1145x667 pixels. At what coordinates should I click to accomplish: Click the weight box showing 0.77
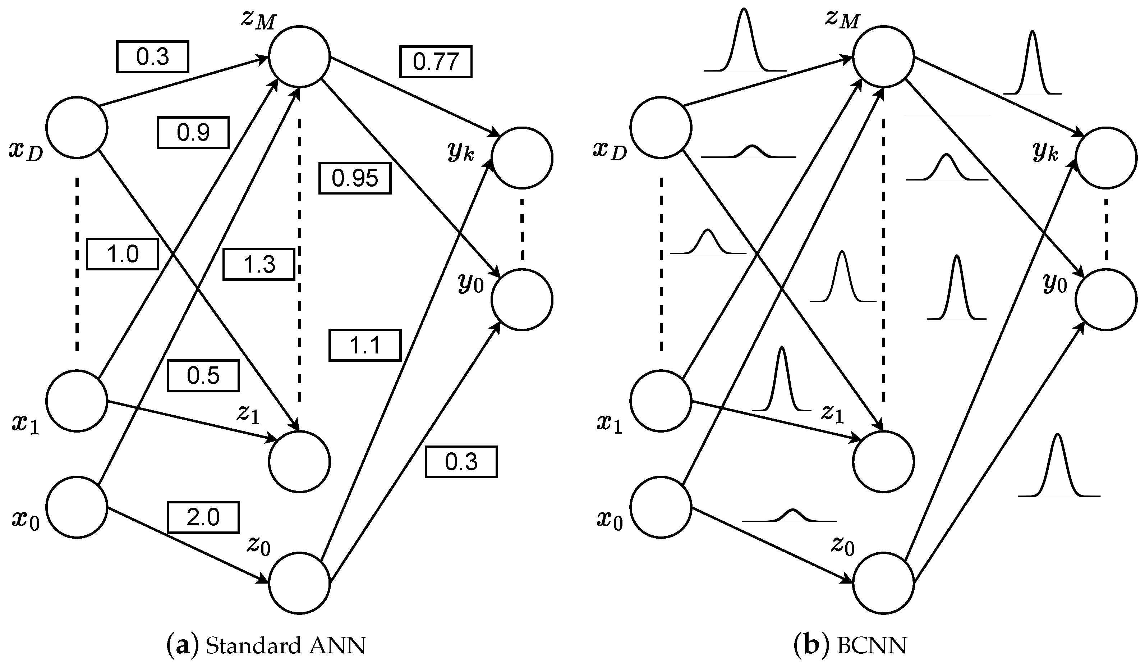(x=435, y=61)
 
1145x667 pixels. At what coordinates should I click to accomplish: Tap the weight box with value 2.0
(x=203, y=517)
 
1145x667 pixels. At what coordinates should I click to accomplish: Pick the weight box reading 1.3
(x=258, y=264)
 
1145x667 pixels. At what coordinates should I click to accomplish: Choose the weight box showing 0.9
(x=193, y=132)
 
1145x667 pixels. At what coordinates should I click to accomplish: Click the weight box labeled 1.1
(x=364, y=346)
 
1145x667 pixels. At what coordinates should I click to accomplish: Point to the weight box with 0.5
(x=203, y=375)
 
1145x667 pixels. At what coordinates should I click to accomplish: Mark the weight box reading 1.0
(x=122, y=254)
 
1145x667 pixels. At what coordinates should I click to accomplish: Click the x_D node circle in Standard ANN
(x=77, y=127)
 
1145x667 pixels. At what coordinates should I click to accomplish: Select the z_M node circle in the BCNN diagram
(x=883, y=56)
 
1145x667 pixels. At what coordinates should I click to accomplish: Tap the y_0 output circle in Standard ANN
(x=521, y=299)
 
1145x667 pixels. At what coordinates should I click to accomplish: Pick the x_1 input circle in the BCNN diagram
(x=661, y=400)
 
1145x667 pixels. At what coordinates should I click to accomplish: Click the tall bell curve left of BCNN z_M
(x=744, y=41)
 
